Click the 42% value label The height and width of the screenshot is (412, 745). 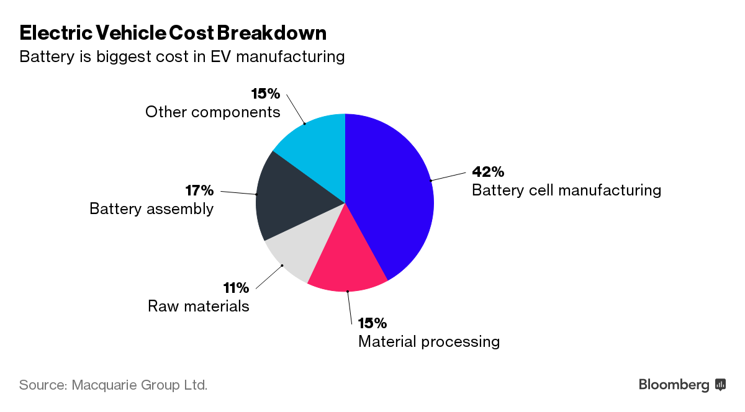pos(488,171)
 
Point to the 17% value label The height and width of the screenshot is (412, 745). pos(199,190)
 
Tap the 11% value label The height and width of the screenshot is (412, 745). pos(236,288)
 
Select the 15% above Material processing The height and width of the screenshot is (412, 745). pos(372,323)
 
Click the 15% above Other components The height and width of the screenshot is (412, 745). pos(266,94)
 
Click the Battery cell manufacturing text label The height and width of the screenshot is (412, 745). pos(566,190)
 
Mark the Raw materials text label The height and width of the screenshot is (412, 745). pos(199,307)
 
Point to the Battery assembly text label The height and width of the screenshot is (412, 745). pos(151,209)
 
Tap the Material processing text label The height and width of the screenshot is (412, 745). pos(429,342)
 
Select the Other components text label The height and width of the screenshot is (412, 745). pos(213,112)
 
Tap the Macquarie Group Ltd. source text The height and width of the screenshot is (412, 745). pos(140,385)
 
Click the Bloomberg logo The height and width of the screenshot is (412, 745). pos(682,385)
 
